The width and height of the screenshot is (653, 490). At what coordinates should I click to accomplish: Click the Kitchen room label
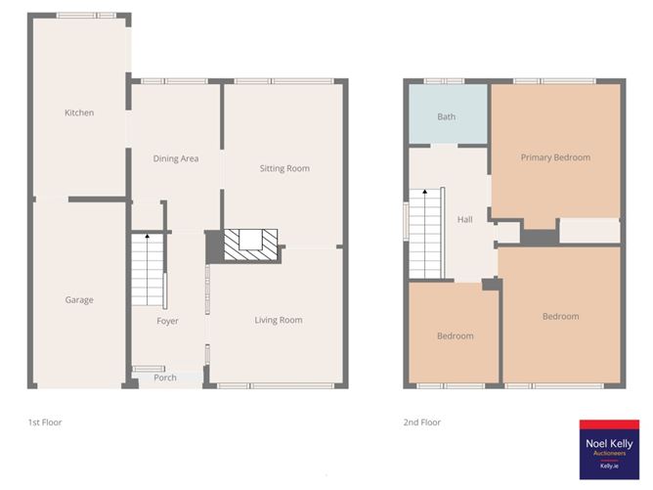pyautogui.click(x=79, y=112)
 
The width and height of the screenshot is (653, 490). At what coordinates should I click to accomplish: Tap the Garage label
pyautogui.click(x=79, y=300)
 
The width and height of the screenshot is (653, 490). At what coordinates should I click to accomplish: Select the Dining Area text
pyautogui.click(x=176, y=158)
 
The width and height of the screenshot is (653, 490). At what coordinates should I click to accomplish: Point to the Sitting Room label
pyautogui.click(x=284, y=168)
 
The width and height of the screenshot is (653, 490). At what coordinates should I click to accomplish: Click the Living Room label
pyautogui.click(x=279, y=320)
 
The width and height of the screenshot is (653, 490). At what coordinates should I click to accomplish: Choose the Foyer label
pyautogui.click(x=168, y=321)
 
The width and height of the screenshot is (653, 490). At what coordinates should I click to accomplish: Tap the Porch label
pyautogui.click(x=165, y=378)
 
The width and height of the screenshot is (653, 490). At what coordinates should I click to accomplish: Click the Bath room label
pyautogui.click(x=447, y=117)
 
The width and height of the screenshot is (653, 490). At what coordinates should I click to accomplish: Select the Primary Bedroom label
pyautogui.click(x=555, y=157)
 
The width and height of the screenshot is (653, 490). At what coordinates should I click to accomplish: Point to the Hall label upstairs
pyautogui.click(x=465, y=219)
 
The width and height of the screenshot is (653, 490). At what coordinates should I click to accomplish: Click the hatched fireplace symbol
pyautogui.click(x=251, y=244)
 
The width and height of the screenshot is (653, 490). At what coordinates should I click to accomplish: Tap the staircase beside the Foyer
pyautogui.click(x=147, y=269)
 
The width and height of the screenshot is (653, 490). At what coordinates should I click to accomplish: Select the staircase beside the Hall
pyautogui.click(x=427, y=233)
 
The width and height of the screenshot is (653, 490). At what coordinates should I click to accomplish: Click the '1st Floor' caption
pyautogui.click(x=45, y=423)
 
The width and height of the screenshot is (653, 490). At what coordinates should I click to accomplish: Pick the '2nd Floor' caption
pyautogui.click(x=423, y=423)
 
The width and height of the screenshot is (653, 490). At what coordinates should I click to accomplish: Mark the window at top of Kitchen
pyautogui.click(x=85, y=16)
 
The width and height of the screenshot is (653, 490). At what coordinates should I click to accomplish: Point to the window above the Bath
pyautogui.click(x=445, y=80)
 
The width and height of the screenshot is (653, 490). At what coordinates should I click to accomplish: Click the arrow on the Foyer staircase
pyautogui.click(x=147, y=238)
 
